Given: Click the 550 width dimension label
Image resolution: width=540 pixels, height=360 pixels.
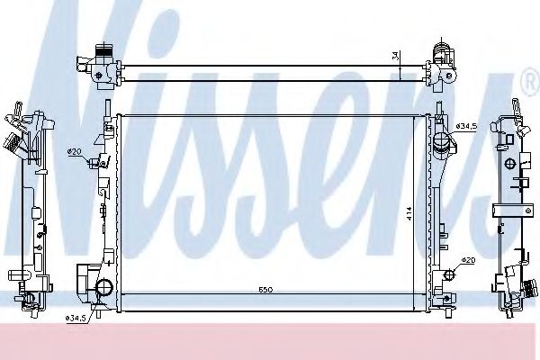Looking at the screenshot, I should click(x=265, y=290).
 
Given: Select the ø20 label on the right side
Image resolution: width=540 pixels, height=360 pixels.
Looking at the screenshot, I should click(x=467, y=260).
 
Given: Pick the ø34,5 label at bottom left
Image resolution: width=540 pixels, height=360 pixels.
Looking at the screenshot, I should click(x=76, y=318).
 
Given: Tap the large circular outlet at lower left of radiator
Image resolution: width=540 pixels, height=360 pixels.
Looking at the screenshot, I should click(x=104, y=289).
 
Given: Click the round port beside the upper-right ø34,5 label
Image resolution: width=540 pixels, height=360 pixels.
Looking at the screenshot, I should click(x=441, y=143).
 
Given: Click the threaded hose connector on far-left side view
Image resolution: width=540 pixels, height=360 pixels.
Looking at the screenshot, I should click(x=12, y=144).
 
